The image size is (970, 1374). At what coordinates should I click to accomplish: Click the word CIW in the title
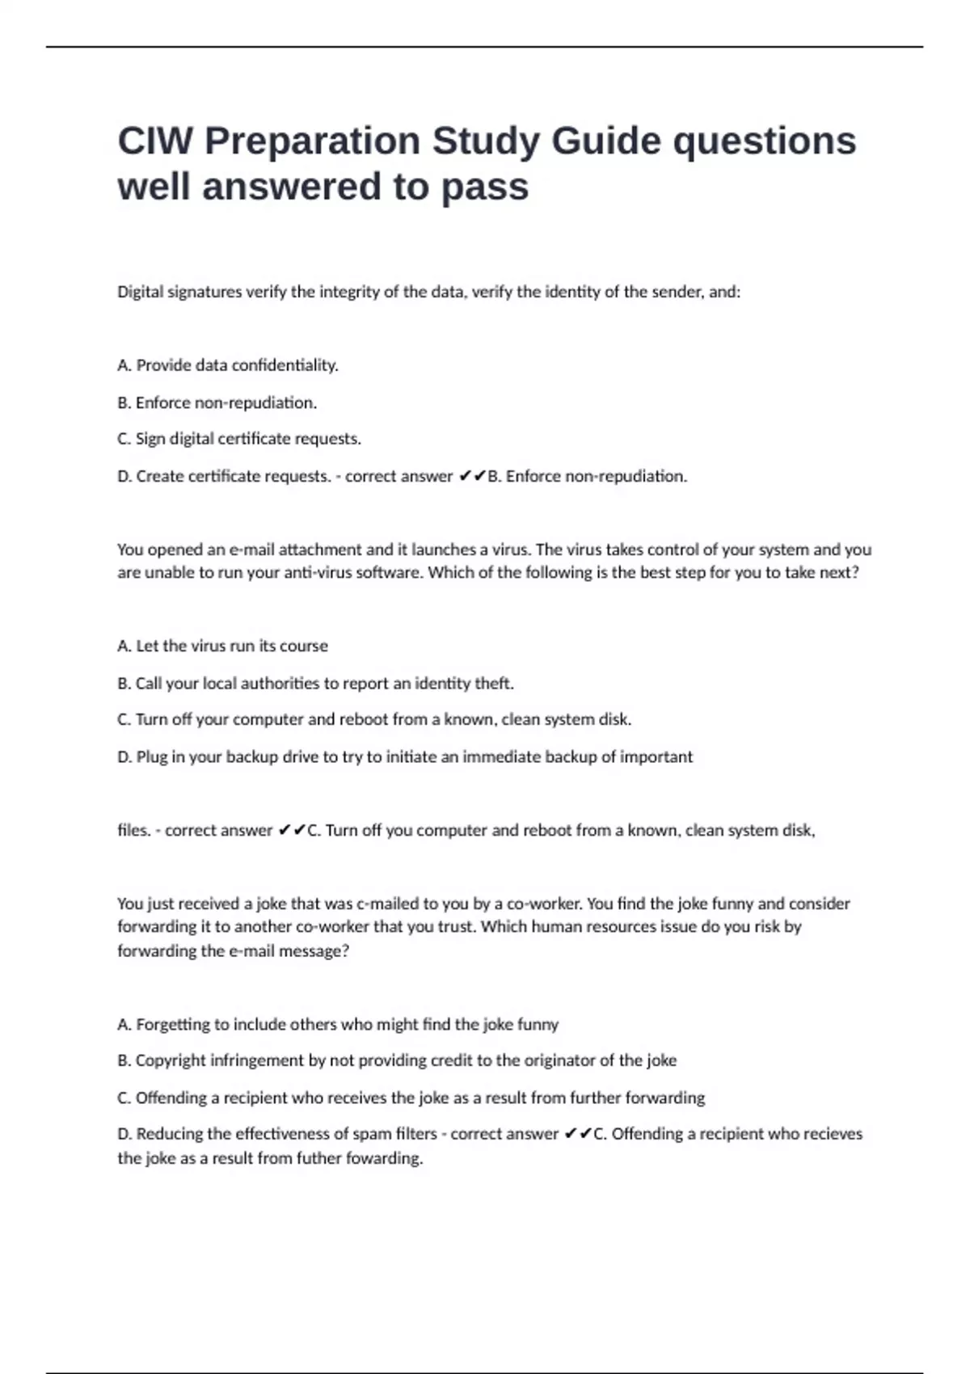(x=155, y=141)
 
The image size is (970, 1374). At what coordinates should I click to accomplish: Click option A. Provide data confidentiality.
(x=228, y=365)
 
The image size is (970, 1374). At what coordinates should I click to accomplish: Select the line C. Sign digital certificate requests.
(x=239, y=439)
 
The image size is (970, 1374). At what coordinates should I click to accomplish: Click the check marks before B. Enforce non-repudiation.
(x=472, y=477)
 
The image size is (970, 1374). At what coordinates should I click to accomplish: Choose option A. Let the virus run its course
(x=222, y=646)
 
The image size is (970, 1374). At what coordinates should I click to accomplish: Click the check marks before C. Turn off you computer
(x=292, y=830)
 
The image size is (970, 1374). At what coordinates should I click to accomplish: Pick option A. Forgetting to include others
(x=338, y=1024)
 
